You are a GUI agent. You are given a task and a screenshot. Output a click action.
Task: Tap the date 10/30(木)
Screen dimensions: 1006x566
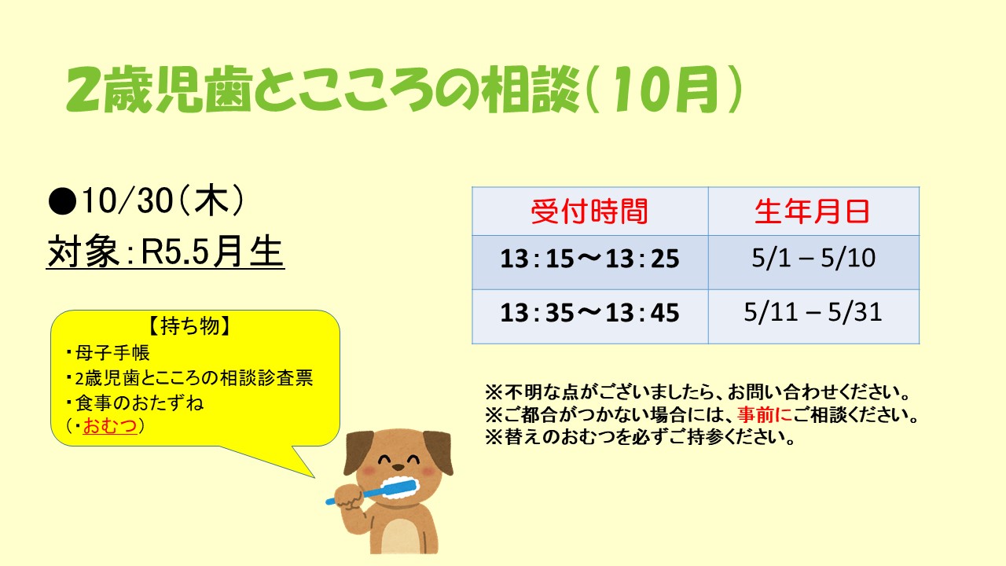163,200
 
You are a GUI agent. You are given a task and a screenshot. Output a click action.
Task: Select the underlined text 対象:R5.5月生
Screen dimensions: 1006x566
165,252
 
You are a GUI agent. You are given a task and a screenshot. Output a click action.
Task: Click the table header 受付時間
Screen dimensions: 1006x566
589,211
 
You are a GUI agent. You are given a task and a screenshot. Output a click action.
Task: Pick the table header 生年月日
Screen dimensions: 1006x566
813,211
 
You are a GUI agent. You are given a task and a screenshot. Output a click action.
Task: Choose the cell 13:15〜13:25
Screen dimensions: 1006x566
589,259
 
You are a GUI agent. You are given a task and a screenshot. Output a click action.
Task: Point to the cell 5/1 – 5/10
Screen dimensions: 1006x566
813,259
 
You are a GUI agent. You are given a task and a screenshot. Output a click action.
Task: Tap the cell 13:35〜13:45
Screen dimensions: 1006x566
589,313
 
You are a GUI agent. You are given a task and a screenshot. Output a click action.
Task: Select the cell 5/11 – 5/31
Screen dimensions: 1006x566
813,312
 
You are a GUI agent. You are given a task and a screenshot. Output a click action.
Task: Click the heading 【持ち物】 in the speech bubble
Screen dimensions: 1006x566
189,326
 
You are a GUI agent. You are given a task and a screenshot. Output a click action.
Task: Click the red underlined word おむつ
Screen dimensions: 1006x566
110,425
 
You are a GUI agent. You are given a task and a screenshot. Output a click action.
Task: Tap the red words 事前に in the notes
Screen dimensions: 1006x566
765,414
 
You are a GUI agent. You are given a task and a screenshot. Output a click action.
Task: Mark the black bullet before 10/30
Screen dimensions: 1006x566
62,202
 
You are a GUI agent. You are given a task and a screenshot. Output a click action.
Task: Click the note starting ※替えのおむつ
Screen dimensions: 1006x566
640,437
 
